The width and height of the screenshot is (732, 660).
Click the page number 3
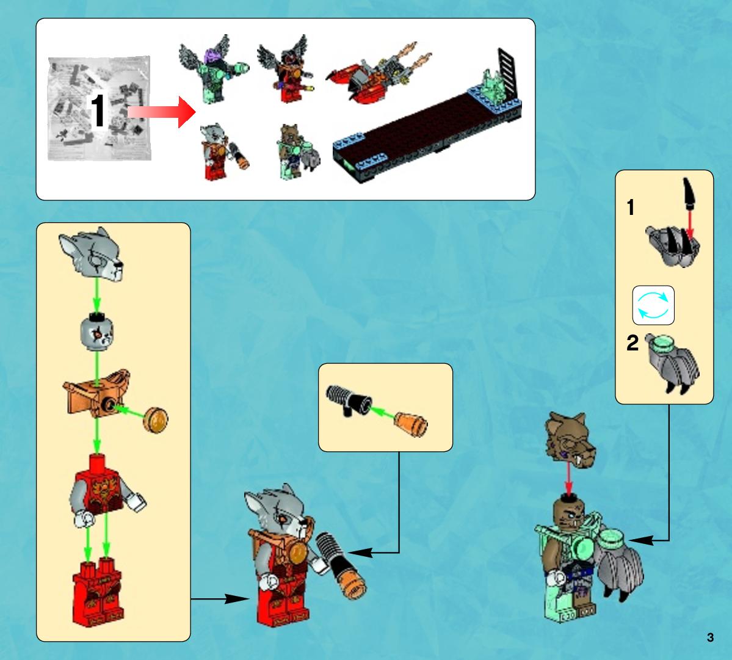tap(710, 637)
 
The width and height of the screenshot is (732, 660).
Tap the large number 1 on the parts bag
tap(97, 110)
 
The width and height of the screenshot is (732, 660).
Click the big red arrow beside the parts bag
tap(162, 112)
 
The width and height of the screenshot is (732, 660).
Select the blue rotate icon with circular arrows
tap(653, 305)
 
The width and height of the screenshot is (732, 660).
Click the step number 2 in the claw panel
tap(632, 343)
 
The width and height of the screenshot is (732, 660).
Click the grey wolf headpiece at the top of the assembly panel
tap(92, 253)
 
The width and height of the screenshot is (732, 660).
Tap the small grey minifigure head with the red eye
tap(96, 332)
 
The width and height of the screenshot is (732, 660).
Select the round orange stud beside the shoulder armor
tap(156, 420)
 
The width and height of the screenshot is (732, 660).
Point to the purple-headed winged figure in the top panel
tap(212, 68)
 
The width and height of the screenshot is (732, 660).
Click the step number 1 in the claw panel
tap(631, 207)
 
